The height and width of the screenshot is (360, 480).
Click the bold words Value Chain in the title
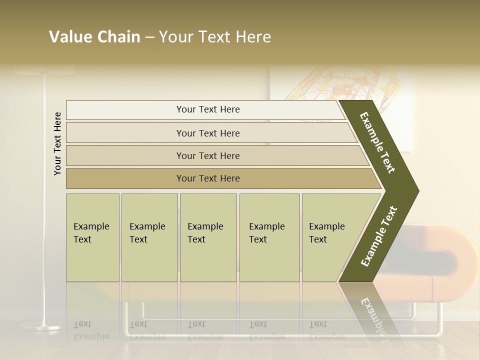[94, 37]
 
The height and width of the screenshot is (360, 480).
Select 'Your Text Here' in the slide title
[215, 37]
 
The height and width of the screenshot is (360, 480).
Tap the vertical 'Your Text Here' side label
[57, 143]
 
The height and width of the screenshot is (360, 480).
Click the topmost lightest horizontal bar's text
[208, 109]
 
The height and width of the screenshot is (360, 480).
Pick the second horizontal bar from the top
[208, 133]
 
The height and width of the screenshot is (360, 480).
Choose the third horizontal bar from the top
[208, 155]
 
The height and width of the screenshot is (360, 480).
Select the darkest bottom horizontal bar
[208, 178]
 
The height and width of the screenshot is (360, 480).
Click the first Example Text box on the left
[92, 237]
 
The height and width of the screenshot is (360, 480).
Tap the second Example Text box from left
[149, 237]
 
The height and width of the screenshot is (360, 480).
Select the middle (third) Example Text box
[208, 237]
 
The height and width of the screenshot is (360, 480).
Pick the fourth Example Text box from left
[269, 237]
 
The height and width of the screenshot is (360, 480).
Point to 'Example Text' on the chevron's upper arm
[377, 142]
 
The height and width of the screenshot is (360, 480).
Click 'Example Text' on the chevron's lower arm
[379, 236]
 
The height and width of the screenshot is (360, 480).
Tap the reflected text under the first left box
[91, 330]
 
